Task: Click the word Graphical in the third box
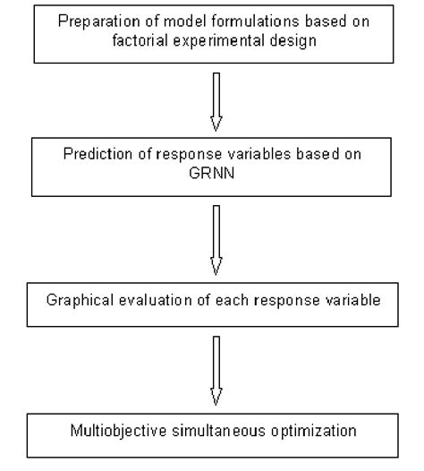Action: click(x=77, y=298)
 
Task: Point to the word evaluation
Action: click(x=149, y=298)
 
